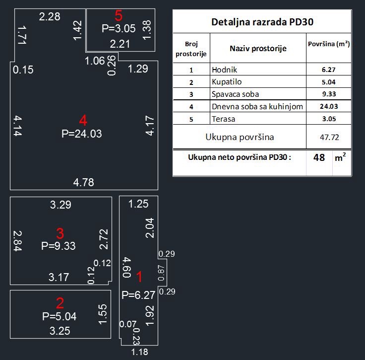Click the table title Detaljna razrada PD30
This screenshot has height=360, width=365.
click(x=262, y=22)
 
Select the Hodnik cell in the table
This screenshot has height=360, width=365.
click(x=223, y=70)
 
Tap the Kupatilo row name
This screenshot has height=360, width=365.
click(x=226, y=82)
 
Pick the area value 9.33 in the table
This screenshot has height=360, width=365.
click(x=329, y=94)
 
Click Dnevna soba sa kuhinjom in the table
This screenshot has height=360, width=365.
click(x=257, y=106)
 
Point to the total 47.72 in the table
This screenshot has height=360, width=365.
click(x=329, y=137)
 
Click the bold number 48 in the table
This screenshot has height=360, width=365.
click(x=319, y=158)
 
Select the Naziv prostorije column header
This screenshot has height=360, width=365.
click(x=258, y=48)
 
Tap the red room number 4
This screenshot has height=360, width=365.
click(x=83, y=120)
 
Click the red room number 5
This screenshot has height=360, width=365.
click(x=119, y=15)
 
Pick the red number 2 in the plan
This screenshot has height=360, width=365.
click(x=60, y=303)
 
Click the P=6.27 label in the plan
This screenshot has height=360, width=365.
click(x=139, y=295)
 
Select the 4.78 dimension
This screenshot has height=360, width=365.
click(x=83, y=182)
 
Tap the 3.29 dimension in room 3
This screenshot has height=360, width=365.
click(x=61, y=204)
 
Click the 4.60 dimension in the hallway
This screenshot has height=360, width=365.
click(x=126, y=267)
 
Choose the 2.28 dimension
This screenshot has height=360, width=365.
click(x=50, y=17)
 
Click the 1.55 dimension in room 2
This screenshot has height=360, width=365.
click(x=103, y=315)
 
